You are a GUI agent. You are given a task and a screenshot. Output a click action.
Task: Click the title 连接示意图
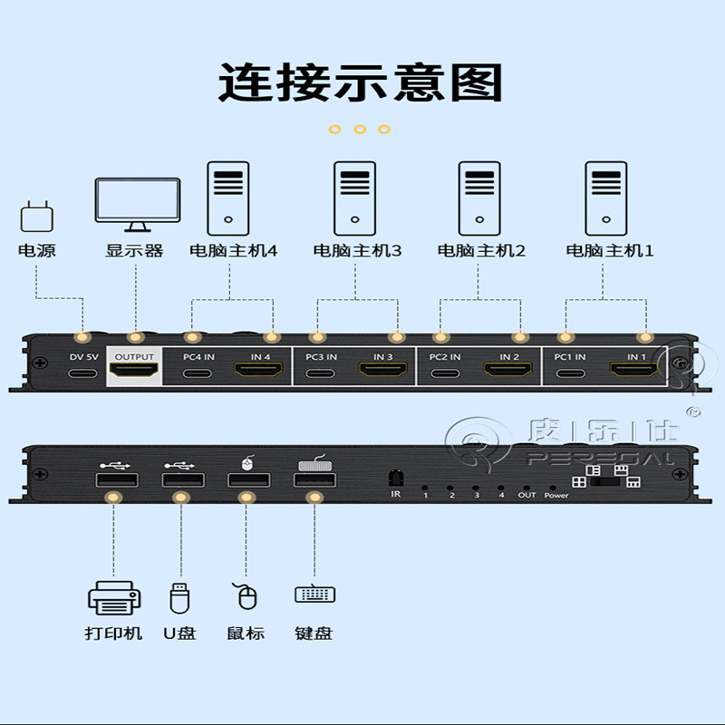[x=360, y=82]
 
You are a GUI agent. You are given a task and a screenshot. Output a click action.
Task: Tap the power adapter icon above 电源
[x=36, y=217]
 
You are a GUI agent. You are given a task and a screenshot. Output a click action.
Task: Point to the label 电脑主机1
[x=610, y=250]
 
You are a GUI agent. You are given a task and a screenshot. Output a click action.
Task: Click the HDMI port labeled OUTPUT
[x=134, y=372]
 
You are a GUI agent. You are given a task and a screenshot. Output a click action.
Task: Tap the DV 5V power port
[x=83, y=372]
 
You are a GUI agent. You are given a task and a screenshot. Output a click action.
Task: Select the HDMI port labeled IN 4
[x=260, y=371]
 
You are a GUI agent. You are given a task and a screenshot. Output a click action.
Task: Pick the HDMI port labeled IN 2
[x=508, y=371]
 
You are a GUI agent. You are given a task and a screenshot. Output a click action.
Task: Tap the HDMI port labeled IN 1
[x=635, y=371]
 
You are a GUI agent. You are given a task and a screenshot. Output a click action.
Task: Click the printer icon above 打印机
[x=114, y=599]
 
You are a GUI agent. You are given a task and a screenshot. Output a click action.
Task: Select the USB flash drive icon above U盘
[x=180, y=597]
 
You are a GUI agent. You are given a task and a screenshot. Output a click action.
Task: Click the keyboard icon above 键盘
[x=314, y=595]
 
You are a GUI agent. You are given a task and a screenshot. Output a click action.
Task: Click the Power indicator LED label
[x=556, y=495]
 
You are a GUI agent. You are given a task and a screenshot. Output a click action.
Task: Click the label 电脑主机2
[x=481, y=250]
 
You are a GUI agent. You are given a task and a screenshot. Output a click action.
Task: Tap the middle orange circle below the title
[x=360, y=130]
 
